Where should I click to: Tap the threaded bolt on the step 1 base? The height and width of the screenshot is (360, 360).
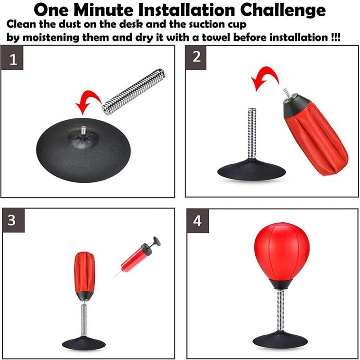84,130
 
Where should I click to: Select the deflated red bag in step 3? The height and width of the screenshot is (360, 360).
84,272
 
